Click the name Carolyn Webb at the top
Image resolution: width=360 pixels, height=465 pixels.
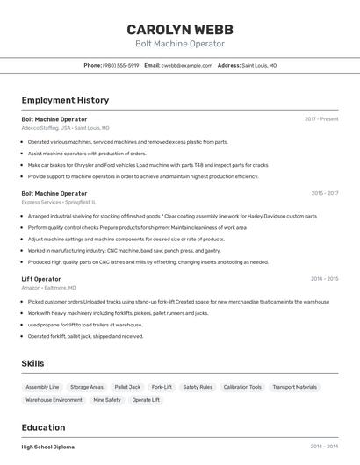180,29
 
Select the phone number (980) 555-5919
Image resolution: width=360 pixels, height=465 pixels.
120,65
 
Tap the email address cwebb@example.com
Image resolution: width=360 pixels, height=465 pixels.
187,65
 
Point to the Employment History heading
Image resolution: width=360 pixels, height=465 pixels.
65,100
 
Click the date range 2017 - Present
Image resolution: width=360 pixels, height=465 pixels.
321,118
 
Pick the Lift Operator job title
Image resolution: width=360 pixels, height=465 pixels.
41,279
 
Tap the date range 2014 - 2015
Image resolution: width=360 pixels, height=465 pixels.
324,279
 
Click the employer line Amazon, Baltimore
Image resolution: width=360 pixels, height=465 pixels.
48,288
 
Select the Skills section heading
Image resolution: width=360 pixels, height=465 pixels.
32,363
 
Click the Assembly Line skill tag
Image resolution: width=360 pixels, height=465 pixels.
42,387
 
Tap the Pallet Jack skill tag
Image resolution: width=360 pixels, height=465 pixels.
127,387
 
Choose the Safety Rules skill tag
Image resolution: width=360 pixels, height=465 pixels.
198,387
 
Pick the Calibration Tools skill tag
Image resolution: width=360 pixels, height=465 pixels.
242,387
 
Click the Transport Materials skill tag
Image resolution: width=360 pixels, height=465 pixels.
295,387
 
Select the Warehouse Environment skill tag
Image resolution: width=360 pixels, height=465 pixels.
54,400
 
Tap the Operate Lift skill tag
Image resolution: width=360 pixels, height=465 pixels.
146,400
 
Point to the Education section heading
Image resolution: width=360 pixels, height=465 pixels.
44,427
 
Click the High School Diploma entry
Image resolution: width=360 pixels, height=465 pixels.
48,447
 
